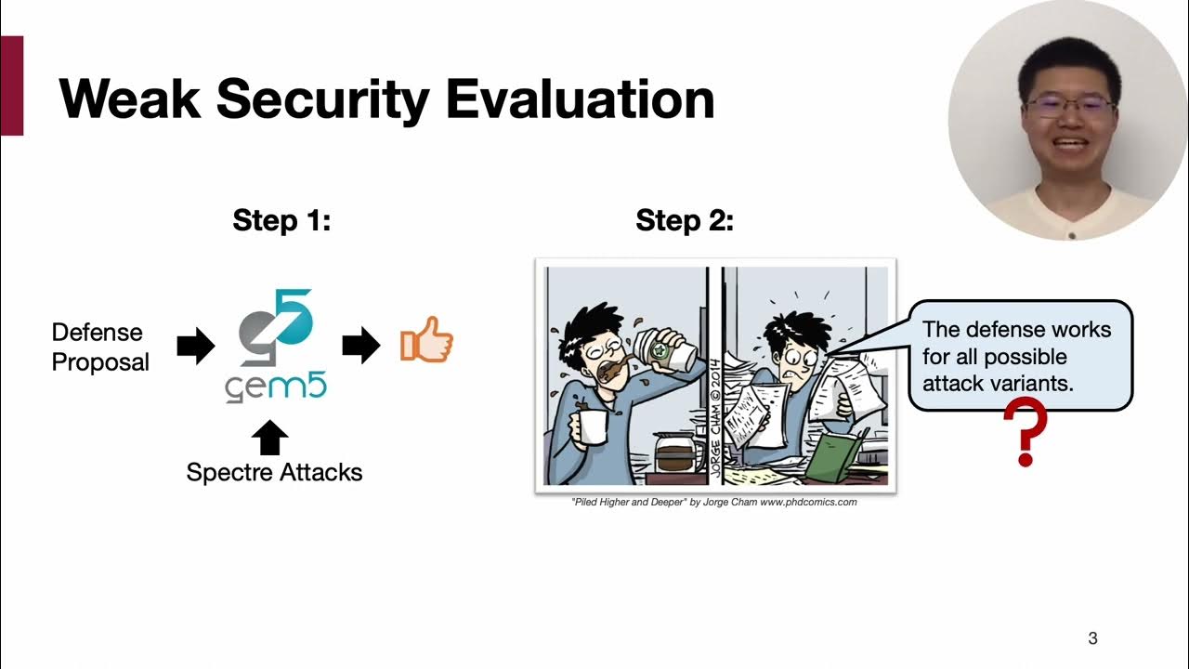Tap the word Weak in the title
129,98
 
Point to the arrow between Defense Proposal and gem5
195,347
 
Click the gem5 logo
276,345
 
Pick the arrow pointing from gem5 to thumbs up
361,347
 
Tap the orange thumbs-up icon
426,340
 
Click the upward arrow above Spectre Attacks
270,437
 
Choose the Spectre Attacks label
274,472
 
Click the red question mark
1025,432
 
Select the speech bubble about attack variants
1019,356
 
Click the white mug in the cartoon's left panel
592,426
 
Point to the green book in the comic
833,455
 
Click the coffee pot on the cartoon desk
675,453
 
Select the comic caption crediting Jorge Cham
713,503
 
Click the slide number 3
1092,638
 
